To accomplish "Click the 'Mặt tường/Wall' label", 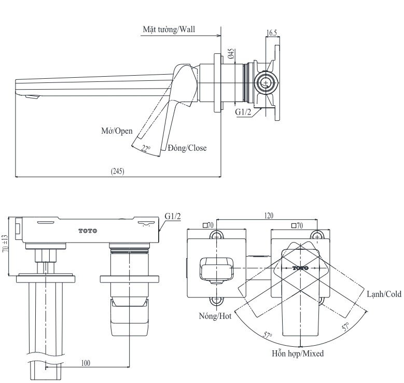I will tap(170, 30).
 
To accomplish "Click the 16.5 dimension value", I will tap(272, 33).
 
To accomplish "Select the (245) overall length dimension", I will tap(118, 171).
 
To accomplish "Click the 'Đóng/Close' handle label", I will tap(187, 148).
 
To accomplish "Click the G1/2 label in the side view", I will tap(243, 111).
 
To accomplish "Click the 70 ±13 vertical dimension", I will tap(6, 248).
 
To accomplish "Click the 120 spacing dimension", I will tap(269, 216).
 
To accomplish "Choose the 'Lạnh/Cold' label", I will tap(383, 294).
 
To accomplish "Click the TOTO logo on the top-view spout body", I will tap(88, 231).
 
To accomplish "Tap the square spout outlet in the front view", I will tap(212, 269).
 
